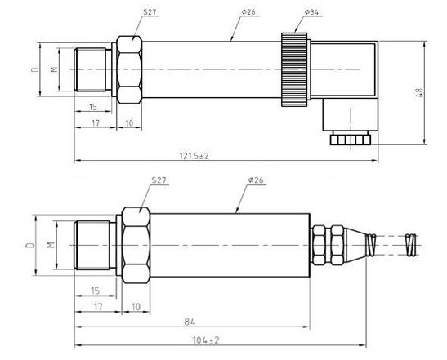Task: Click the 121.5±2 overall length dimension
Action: tap(193, 154)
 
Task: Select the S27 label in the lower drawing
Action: tap(159, 180)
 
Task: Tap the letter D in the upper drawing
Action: tap(36, 70)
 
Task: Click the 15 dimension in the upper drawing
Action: tap(93, 107)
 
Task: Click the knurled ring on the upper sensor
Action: tap(293, 70)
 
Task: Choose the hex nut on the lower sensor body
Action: tap(136, 244)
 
